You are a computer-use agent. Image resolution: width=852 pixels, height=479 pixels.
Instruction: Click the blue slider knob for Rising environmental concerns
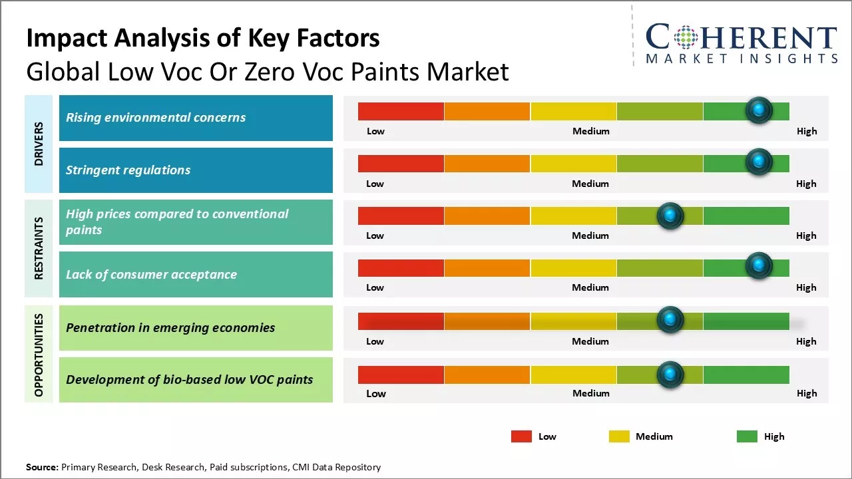coord(759,110)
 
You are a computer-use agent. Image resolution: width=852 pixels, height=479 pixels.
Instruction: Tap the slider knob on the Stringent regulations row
coord(759,162)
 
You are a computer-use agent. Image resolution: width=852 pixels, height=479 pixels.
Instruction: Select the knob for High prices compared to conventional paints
coord(670,216)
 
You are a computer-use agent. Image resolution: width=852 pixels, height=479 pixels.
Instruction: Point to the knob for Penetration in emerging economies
coord(670,320)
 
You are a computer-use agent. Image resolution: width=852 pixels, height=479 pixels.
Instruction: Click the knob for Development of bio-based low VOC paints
coord(670,375)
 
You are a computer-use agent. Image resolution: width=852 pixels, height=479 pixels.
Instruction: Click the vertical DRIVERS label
coord(39,144)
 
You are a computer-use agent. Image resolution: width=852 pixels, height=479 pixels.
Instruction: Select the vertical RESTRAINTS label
coord(39,248)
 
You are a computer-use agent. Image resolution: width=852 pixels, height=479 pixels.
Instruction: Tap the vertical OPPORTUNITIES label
coord(39,355)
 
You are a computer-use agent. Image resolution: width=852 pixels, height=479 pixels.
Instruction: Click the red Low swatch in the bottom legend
coord(521,436)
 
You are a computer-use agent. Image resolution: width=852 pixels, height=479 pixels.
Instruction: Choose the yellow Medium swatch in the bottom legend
coord(619,436)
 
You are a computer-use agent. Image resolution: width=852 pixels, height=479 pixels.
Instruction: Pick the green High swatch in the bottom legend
coord(747,436)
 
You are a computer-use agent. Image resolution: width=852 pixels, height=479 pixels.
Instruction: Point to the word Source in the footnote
coord(42,467)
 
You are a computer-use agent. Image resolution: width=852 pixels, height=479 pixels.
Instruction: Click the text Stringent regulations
coord(128,170)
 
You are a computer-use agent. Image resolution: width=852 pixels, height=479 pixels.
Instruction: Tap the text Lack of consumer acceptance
coord(151,275)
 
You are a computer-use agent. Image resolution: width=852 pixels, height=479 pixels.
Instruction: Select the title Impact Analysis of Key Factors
coord(203,39)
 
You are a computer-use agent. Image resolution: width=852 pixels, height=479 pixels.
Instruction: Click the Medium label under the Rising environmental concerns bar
coord(591,131)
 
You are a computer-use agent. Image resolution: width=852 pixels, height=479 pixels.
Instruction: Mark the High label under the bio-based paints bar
coord(807,393)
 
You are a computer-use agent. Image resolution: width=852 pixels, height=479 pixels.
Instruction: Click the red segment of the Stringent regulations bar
coord(401,164)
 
